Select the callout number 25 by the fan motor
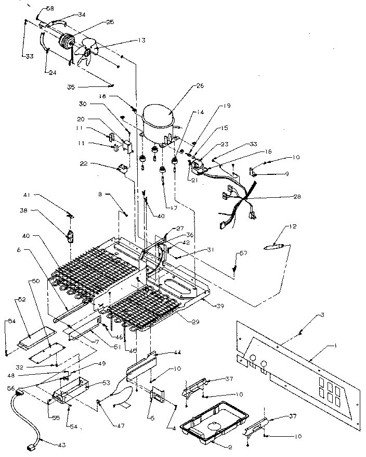(110, 22)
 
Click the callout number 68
(50, 9)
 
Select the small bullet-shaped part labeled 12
(276, 246)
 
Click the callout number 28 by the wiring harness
(297, 197)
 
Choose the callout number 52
(22, 300)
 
